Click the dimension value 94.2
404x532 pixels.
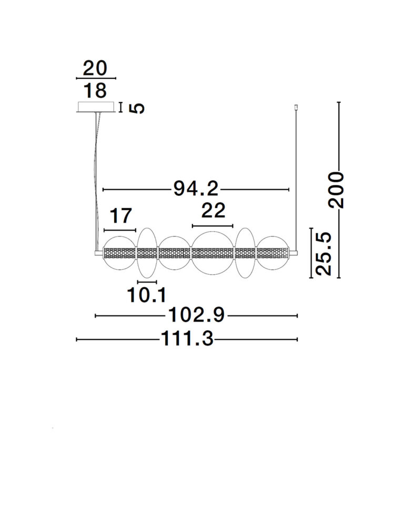click(x=196, y=189)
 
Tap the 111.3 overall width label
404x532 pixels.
click(x=187, y=339)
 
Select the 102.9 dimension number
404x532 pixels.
click(x=196, y=315)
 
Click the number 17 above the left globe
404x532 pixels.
click(x=120, y=216)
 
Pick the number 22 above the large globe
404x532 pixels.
click(x=214, y=211)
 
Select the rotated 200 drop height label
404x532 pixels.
click(x=336, y=190)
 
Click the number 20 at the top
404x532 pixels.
click(x=95, y=68)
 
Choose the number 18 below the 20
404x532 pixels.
click(x=95, y=90)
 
